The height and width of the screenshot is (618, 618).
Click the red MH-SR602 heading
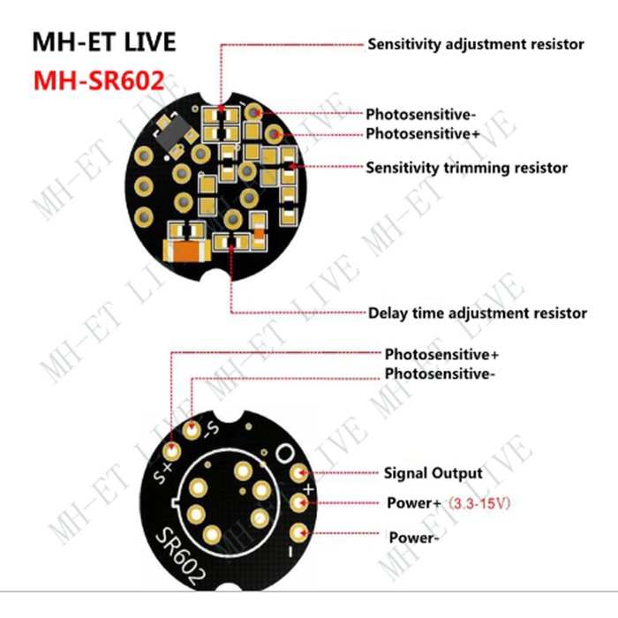click(99, 80)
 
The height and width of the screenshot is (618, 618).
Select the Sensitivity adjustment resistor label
click(475, 43)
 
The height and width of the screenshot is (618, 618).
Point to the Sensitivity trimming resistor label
click(466, 167)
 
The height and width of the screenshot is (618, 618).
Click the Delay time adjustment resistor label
click(477, 313)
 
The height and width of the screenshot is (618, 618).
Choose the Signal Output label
click(433, 473)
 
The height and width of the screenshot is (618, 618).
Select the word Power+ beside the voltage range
click(413, 503)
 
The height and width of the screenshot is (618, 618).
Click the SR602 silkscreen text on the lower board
click(183, 554)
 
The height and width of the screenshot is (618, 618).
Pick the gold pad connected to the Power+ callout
click(300, 504)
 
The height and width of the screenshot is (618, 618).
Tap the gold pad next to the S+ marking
click(172, 450)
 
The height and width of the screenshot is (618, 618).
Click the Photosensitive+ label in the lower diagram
click(441, 354)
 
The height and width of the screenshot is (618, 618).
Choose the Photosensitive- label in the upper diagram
click(421, 114)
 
